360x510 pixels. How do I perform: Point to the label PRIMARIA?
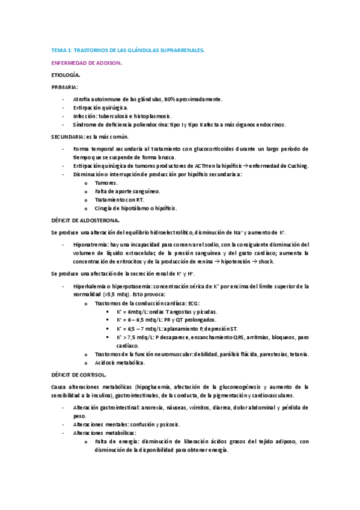coord(65,87)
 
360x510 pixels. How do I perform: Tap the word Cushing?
coord(295,165)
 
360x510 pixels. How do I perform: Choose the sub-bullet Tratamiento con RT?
coord(120,200)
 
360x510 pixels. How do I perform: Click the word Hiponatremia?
coord(90,245)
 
